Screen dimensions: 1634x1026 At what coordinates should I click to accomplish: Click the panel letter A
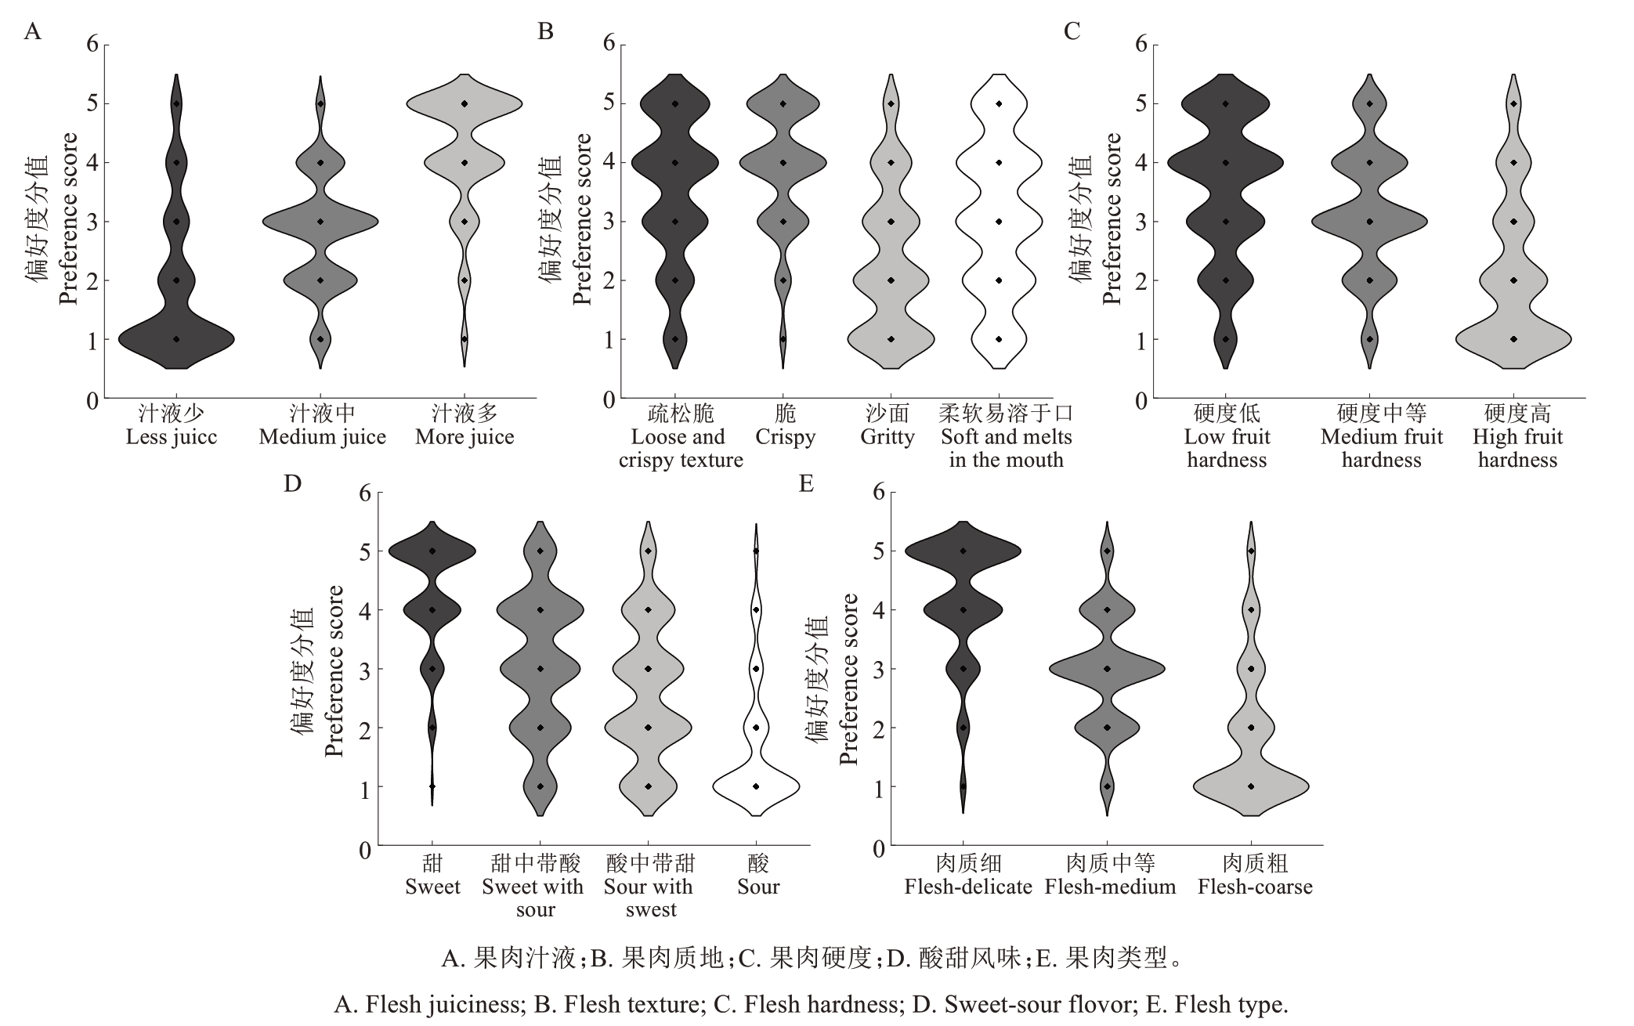click(x=32, y=31)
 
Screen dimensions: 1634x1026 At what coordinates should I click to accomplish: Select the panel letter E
click(x=806, y=484)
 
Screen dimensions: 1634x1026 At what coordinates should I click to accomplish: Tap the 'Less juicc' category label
click(x=172, y=437)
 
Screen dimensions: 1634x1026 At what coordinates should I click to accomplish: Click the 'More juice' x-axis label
click(x=465, y=437)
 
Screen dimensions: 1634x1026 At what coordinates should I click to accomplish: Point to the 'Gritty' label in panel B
click(x=887, y=437)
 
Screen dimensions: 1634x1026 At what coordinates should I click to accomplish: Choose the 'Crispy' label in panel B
click(x=786, y=437)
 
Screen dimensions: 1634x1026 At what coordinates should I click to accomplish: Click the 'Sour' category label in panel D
click(x=758, y=887)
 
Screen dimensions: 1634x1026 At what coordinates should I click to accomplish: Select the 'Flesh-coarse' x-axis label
click(x=1255, y=887)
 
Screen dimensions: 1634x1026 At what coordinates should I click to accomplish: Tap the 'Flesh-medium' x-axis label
click(x=1110, y=887)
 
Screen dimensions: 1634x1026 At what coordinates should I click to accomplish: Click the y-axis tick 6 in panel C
click(x=1141, y=44)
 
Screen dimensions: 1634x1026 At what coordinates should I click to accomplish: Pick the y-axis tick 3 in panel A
click(x=93, y=222)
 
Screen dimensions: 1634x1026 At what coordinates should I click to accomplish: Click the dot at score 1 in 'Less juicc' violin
click(x=176, y=339)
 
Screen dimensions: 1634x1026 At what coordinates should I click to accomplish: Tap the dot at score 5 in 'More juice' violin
click(x=465, y=103)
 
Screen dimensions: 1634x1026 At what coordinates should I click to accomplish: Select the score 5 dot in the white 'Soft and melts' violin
click(x=999, y=103)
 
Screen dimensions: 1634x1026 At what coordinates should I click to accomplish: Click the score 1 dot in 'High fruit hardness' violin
click(x=1513, y=339)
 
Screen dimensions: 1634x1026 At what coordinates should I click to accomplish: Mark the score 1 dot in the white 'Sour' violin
click(x=756, y=786)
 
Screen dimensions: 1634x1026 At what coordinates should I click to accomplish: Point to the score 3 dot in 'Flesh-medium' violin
click(x=1107, y=669)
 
